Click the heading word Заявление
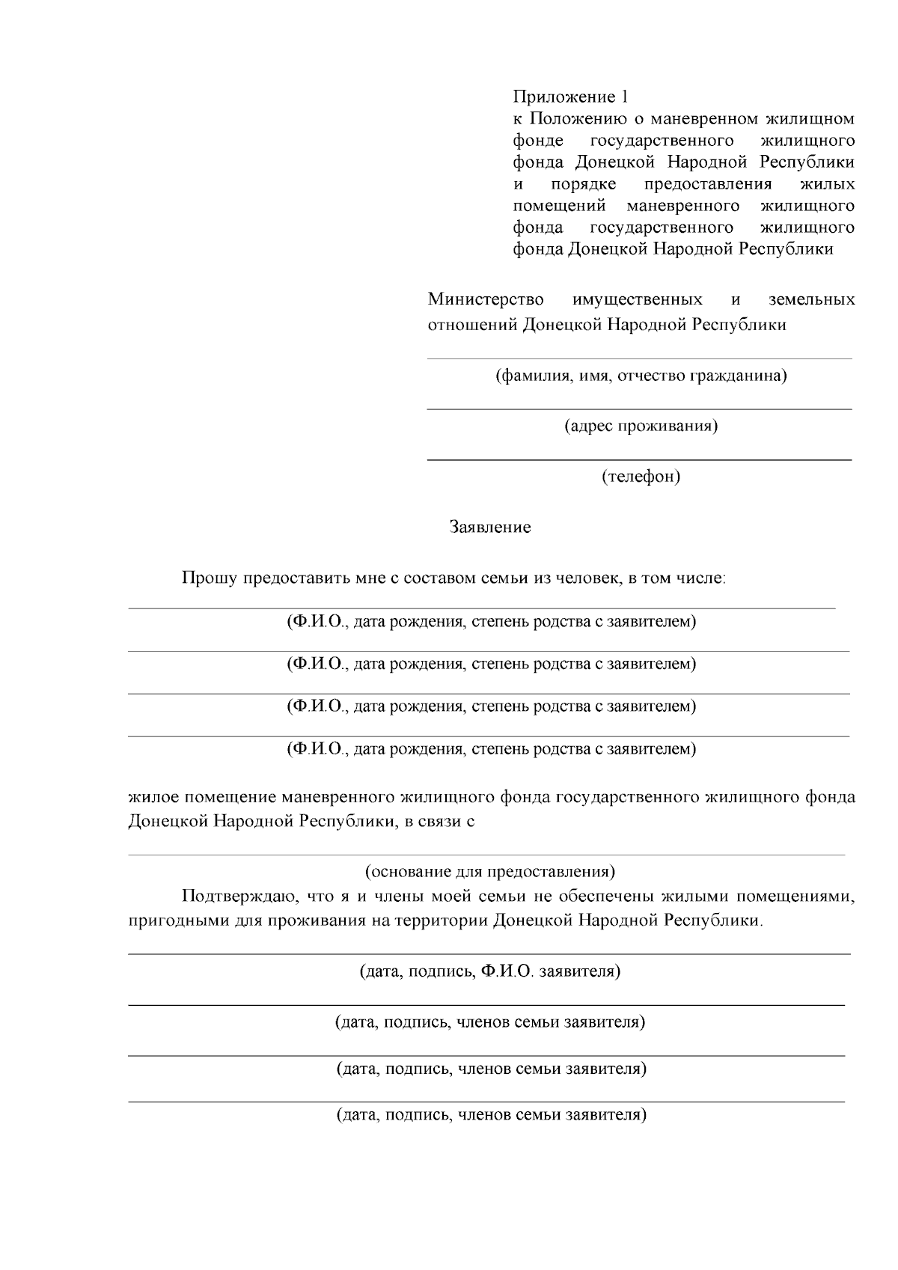pyautogui.click(x=490, y=528)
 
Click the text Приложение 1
pyautogui.click(x=570, y=97)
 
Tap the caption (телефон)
pyautogui.click(x=641, y=477)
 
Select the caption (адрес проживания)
pyautogui.click(x=641, y=427)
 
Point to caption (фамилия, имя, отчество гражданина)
pyautogui.click(x=641, y=376)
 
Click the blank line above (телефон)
pyautogui.click(x=639, y=459)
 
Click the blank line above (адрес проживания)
pyautogui.click(x=639, y=409)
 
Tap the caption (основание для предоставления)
pyautogui.click(x=490, y=872)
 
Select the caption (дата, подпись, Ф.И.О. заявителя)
pyautogui.click(x=490, y=972)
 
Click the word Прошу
pyautogui.click(x=210, y=578)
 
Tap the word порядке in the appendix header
pyautogui.click(x=583, y=184)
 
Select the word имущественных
pyautogui.click(x=637, y=300)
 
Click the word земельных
pyautogui.click(x=811, y=300)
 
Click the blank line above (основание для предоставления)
pyautogui.click(x=486, y=854)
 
